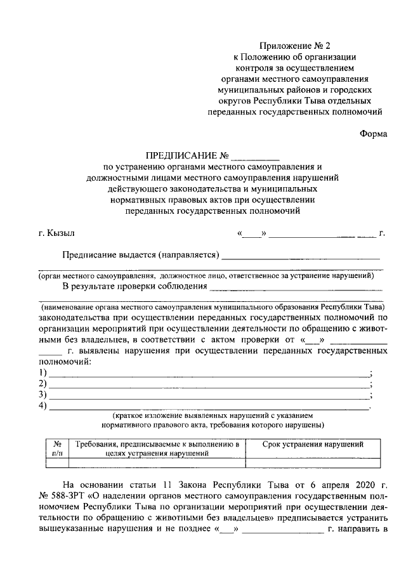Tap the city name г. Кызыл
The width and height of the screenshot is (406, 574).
click(56, 234)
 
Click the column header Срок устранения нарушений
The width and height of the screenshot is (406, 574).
click(313, 444)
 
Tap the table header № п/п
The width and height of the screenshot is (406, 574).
click(56, 449)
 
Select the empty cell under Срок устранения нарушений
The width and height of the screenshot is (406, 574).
click(313, 463)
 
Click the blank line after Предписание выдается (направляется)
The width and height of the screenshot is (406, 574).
click(301, 256)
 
